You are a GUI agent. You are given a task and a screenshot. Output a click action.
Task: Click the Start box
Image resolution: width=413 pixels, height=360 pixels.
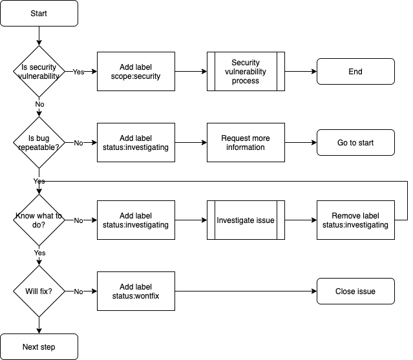(39, 13)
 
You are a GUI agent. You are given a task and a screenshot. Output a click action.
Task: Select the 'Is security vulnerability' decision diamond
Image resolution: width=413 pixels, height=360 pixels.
(39, 71)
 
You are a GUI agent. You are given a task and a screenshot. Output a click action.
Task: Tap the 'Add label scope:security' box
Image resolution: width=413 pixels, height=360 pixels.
(136, 71)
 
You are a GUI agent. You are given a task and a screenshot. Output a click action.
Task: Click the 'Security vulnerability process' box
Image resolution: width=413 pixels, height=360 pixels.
(246, 71)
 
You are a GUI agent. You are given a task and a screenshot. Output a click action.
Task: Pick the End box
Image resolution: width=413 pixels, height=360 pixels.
(355, 71)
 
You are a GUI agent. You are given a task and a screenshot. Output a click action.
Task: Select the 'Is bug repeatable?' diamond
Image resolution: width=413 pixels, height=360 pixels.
(39, 142)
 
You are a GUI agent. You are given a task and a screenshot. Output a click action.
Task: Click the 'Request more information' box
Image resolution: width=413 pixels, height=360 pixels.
(246, 142)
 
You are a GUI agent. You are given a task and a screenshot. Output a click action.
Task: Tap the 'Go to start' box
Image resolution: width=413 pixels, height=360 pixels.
(355, 142)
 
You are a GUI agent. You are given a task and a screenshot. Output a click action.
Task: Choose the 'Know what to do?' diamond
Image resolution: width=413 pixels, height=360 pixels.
(39, 220)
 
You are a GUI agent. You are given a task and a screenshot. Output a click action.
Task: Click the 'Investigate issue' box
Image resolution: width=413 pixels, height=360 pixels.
(246, 220)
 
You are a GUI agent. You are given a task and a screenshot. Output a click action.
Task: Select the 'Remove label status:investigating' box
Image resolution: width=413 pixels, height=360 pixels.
(355, 220)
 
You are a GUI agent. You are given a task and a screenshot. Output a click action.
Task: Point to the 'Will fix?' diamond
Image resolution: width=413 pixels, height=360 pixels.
(39, 291)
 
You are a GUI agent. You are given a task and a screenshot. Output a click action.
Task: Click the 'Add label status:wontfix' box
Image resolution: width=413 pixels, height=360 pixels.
(136, 291)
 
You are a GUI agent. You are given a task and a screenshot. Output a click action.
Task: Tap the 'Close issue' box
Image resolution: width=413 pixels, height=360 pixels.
(355, 291)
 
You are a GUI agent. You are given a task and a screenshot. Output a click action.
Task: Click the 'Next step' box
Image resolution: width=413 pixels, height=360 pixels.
(39, 346)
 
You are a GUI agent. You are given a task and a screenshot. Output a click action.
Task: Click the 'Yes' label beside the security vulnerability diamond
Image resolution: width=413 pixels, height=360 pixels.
(78, 72)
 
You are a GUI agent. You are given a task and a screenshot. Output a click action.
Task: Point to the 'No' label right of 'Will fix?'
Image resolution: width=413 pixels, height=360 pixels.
(78, 291)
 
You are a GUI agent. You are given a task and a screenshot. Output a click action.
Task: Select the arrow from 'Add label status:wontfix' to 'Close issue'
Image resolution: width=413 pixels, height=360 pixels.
(246, 291)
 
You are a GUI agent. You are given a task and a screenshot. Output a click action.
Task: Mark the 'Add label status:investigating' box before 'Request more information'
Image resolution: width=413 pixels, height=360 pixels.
(136, 142)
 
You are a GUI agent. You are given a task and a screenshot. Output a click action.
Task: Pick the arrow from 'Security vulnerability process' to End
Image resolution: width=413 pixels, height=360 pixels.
(301, 71)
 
